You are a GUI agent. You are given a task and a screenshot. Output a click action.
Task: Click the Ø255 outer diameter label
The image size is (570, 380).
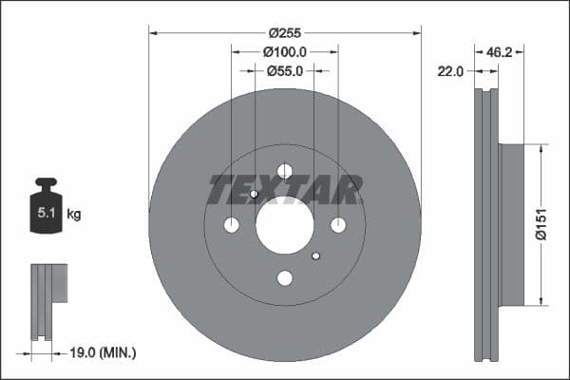tap(284, 31)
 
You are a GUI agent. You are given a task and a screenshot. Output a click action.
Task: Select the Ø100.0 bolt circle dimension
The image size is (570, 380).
tap(284, 51)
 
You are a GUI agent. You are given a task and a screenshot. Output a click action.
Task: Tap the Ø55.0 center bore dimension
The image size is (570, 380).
tap(284, 70)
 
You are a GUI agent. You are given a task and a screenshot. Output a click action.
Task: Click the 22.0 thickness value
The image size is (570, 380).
tap(450, 71)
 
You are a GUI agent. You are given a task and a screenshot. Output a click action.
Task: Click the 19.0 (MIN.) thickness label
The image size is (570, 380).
tap(104, 352)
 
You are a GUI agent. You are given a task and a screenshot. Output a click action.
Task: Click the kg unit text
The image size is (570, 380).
tap(74, 215)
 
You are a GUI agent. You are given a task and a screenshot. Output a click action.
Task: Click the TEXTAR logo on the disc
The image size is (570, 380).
tap(284, 190)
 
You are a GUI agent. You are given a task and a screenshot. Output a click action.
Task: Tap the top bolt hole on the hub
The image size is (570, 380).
tap(284, 171)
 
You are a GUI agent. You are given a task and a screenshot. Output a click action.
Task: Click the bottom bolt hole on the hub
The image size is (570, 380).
tap(284, 278)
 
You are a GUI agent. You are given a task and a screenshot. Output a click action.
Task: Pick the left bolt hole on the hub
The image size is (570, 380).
tap(231, 225)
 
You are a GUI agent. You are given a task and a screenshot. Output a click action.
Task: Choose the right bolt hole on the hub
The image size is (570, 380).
tap(338, 225)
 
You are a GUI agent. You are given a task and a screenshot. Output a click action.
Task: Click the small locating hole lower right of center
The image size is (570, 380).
tap(316, 256)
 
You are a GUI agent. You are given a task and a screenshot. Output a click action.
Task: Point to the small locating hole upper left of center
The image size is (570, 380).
tap(254, 194)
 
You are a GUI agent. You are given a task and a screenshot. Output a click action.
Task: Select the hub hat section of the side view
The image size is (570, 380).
tap(511, 225)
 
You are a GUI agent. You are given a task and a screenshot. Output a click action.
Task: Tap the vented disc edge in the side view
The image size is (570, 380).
tap(486, 225)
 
